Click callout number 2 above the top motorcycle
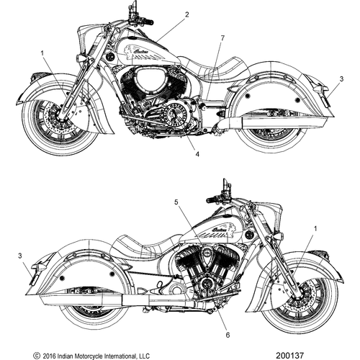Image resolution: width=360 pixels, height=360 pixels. point(186,14)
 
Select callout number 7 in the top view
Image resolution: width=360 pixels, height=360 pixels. point(222,38)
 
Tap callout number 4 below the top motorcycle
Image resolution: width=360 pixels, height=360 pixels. point(197,154)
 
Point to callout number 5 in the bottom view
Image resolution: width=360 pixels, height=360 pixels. point(176,202)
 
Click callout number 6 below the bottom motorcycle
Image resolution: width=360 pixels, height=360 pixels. point(228,335)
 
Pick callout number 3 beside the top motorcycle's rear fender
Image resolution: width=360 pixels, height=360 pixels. point(341,78)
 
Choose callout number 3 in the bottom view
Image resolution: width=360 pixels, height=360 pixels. point(20,256)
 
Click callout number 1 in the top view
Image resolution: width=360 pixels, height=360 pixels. point(42,53)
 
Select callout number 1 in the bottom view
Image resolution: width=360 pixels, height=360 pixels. point(315,229)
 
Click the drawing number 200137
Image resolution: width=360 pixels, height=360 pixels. point(289,355)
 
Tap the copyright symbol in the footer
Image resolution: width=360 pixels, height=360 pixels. point(37,356)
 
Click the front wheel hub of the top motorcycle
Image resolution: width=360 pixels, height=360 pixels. point(60,117)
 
